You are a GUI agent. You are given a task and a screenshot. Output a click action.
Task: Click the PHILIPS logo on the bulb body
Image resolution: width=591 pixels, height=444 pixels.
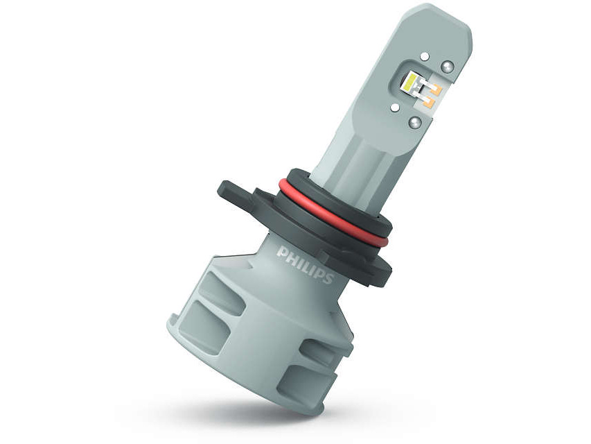click(306, 264)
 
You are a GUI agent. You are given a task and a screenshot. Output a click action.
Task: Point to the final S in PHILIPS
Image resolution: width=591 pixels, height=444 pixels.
click(329, 278)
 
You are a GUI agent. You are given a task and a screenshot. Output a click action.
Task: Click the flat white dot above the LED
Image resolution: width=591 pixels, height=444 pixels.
click(425, 57)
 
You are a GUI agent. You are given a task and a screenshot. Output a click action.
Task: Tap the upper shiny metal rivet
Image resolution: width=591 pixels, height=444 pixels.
click(448, 66)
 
